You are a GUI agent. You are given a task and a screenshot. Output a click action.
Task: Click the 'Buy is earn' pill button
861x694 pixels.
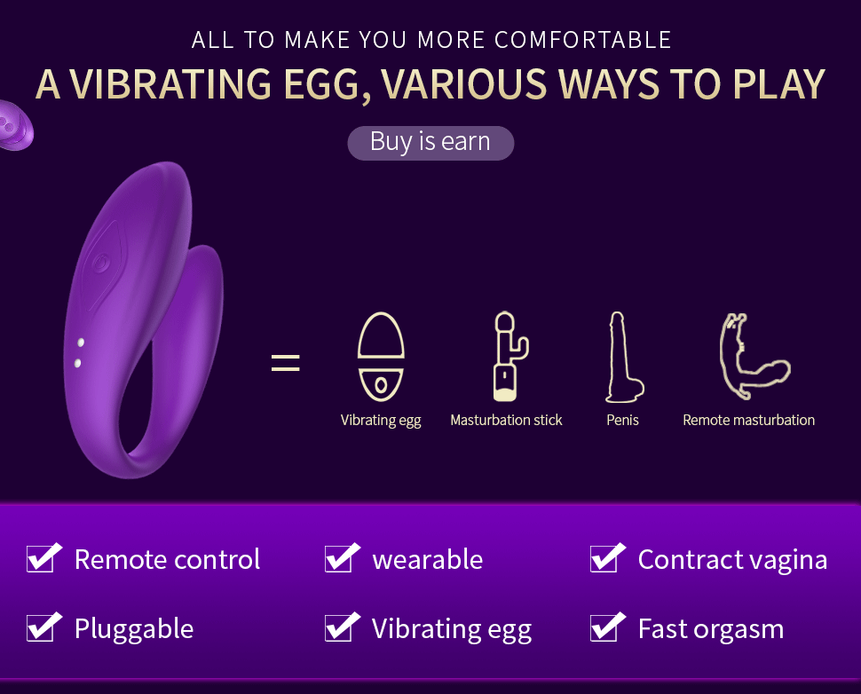(x=430, y=143)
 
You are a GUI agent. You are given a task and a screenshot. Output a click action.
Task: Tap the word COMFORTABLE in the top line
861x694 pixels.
(x=582, y=40)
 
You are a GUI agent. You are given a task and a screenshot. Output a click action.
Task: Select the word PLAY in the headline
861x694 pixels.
(x=779, y=85)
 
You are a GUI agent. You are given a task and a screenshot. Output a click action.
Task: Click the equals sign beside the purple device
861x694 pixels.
(x=286, y=362)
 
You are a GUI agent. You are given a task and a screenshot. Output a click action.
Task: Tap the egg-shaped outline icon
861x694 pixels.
(x=381, y=357)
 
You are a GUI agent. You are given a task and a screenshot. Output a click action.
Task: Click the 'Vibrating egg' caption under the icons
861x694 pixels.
(x=381, y=420)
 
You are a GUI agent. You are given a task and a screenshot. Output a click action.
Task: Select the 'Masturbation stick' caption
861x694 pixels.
(x=506, y=420)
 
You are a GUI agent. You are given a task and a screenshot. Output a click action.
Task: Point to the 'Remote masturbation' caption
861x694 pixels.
(x=748, y=420)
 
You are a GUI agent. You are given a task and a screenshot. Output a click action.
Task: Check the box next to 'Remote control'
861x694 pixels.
(x=43, y=558)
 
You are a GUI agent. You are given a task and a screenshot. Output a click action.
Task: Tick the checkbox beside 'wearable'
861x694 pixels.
(x=341, y=558)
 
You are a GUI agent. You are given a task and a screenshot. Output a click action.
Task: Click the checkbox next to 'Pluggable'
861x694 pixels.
(x=43, y=627)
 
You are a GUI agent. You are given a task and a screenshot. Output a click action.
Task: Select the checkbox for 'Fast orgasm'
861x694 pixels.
(x=607, y=627)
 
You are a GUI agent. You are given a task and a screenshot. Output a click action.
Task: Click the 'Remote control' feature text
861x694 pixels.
(x=167, y=559)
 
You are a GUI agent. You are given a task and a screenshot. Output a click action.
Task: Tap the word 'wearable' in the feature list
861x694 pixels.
(x=428, y=559)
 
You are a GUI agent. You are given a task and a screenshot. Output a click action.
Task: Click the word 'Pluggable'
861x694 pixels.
(x=134, y=629)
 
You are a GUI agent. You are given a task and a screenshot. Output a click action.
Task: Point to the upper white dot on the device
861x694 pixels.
(x=81, y=343)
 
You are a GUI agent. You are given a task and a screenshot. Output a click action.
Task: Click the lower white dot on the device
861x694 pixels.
(x=77, y=363)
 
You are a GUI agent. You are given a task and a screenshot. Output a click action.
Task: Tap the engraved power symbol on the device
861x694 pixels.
(x=101, y=263)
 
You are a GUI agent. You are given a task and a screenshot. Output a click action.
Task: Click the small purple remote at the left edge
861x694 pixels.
(x=14, y=126)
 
